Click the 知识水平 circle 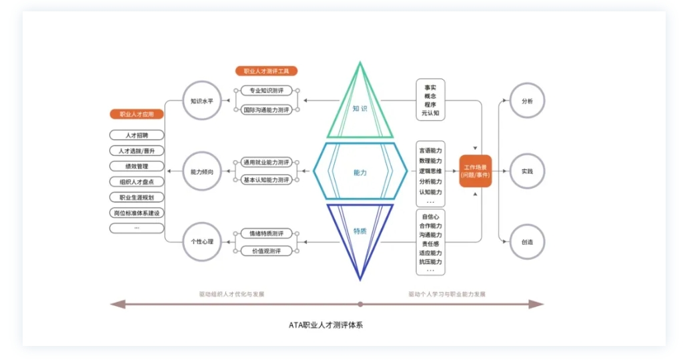tap(201, 101)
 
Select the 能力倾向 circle tap(201, 171)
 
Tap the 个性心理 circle tap(201, 241)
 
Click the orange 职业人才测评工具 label tap(266, 71)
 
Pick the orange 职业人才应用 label tap(136, 114)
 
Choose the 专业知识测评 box tap(266, 91)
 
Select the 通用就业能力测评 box tap(266, 162)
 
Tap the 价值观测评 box tap(266, 251)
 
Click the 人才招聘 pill tap(136, 135)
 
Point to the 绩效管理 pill tap(136, 166)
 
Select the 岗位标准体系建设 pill tap(136, 213)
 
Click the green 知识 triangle tap(360, 107)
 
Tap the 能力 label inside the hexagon tap(360, 172)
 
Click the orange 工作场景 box tap(476, 171)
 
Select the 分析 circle tap(527, 101)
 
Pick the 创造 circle tap(527, 241)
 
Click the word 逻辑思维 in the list tap(430, 171)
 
